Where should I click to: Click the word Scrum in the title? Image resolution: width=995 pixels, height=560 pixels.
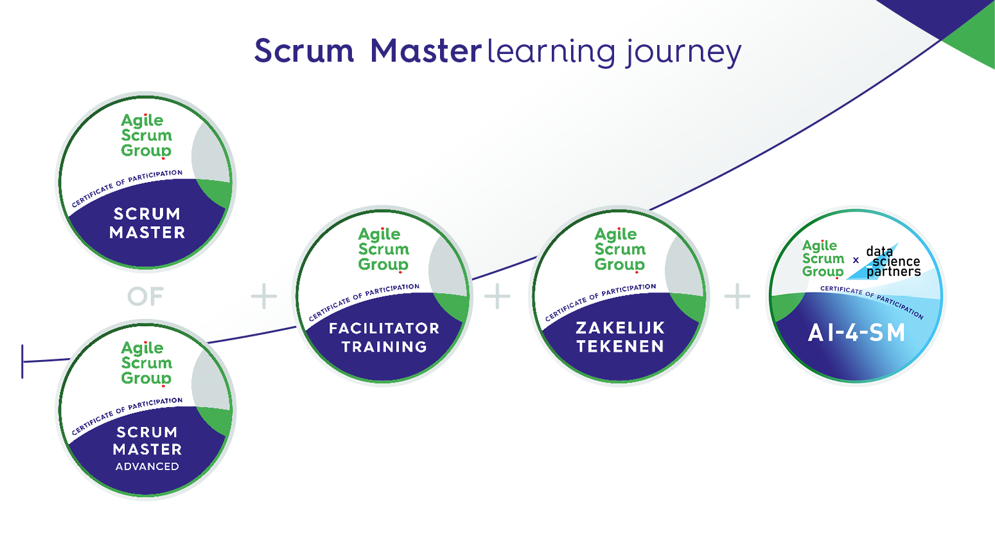coord(304,51)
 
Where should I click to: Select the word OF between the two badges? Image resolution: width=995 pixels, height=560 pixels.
coord(146,297)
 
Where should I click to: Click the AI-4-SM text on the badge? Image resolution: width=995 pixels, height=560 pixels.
coord(856,333)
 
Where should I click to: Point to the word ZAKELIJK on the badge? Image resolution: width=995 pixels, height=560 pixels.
coord(620,328)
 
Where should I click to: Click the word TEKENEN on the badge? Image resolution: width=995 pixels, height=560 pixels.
coord(620,347)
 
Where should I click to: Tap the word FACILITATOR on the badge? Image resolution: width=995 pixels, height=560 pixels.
coord(384,329)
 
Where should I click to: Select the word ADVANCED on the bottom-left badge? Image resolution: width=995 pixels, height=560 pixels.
coord(147,467)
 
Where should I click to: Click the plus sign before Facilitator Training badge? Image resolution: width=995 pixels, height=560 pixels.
coord(263,296)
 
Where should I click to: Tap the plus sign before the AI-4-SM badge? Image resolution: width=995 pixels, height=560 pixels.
coord(737,296)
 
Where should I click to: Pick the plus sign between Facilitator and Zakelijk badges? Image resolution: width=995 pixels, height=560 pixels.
coord(497,296)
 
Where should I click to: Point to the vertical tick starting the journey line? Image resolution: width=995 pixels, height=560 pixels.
coord(22,361)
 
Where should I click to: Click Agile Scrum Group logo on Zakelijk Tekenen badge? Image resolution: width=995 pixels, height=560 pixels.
coord(619,249)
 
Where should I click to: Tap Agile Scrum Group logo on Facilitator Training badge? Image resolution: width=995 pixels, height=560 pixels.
coord(383,249)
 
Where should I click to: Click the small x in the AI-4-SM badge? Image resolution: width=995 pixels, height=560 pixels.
coord(856,260)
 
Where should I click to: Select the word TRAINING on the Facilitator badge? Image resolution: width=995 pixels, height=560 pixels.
coord(384,347)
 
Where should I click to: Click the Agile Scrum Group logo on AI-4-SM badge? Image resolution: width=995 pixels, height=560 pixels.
coord(822,259)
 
